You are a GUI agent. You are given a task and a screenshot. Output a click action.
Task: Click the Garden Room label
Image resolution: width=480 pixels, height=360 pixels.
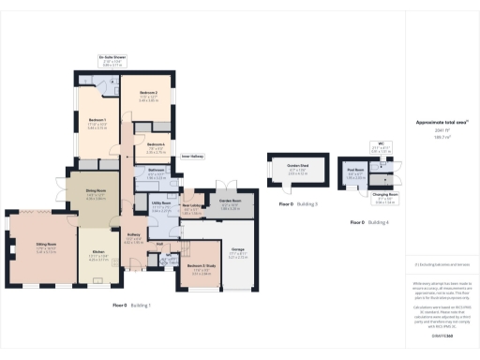231,202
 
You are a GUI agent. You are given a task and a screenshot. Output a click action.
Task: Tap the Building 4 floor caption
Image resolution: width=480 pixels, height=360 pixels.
368,223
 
